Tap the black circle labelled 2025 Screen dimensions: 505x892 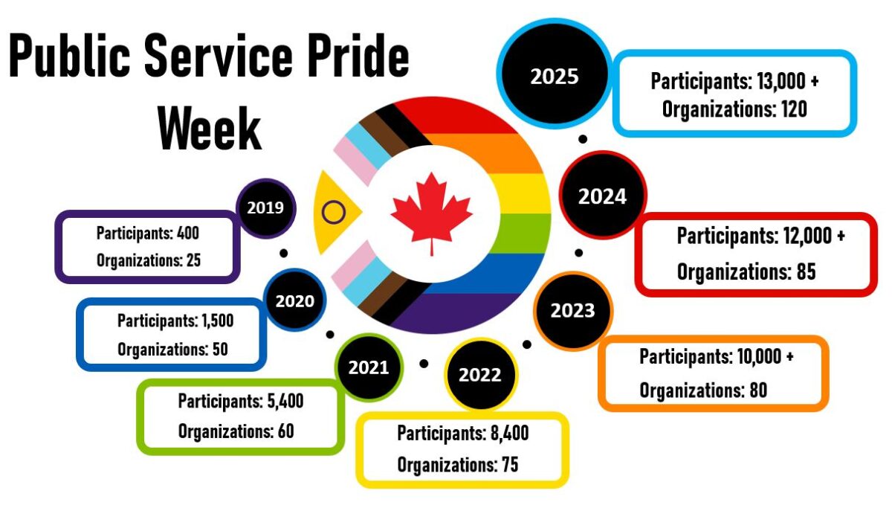pyautogui.click(x=555, y=77)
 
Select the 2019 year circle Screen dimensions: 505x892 pyautogui.click(x=265, y=208)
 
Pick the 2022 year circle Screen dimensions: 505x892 pyautogui.click(x=479, y=375)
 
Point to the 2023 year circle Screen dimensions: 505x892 pyautogui.click(x=573, y=310)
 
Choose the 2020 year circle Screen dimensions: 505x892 pyautogui.click(x=295, y=301)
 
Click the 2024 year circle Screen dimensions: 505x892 pyautogui.click(x=602, y=196)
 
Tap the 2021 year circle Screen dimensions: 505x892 pyautogui.click(x=368, y=367)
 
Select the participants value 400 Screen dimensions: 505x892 pyautogui.click(x=188, y=234)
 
